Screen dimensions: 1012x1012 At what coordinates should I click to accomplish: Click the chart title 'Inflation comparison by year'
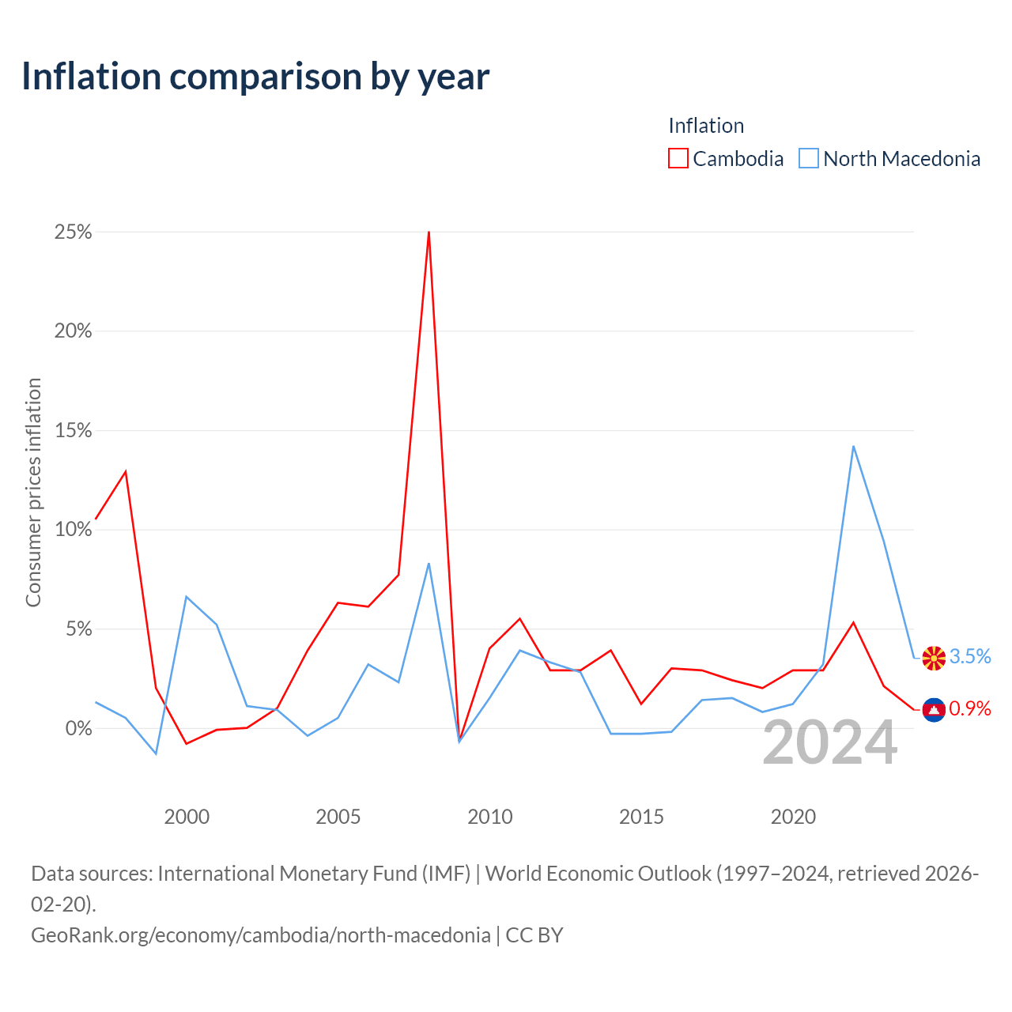pyautogui.click(x=255, y=77)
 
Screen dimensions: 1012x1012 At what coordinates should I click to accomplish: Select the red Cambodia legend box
pyautogui.click(x=678, y=158)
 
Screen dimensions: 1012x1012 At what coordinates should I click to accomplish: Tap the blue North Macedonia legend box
pyautogui.click(x=808, y=158)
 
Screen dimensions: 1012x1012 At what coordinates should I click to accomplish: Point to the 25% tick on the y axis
pyautogui.click(x=73, y=232)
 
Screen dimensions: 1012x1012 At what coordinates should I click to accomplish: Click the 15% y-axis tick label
pyautogui.click(x=73, y=431)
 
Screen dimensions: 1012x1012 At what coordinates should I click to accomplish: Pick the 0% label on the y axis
pyautogui.click(x=79, y=728)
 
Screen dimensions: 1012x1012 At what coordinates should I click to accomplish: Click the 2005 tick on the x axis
pyautogui.click(x=338, y=817)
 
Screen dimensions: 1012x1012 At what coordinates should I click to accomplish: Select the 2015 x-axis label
pyautogui.click(x=641, y=817)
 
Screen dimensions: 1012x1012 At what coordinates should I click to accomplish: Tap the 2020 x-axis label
pyautogui.click(x=793, y=817)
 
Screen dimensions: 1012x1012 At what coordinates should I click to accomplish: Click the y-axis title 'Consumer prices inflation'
pyautogui.click(x=33, y=493)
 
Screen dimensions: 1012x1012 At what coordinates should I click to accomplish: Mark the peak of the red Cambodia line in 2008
pyautogui.click(x=429, y=232)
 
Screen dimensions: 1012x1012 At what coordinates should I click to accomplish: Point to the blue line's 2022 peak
pyautogui.click(x=853, y=447)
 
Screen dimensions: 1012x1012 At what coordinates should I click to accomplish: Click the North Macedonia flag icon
pyautogui.click(x=934, y=658)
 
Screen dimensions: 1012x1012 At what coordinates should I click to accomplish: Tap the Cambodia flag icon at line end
pyautogui.click(x=934, y=710)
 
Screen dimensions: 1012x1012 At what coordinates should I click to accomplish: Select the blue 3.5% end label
pyautogui.click(x=970, y=656)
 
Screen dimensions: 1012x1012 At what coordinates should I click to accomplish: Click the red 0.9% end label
pyautogui.click(x=970, y=708)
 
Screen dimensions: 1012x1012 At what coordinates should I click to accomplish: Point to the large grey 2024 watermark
pyautogui.click(x=830, y=742)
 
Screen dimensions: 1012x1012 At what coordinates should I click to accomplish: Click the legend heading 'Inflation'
pyautogui.click(x=706, y=126)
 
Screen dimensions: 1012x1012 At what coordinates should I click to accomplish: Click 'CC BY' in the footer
pyautogui.click(x=534, y=935)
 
